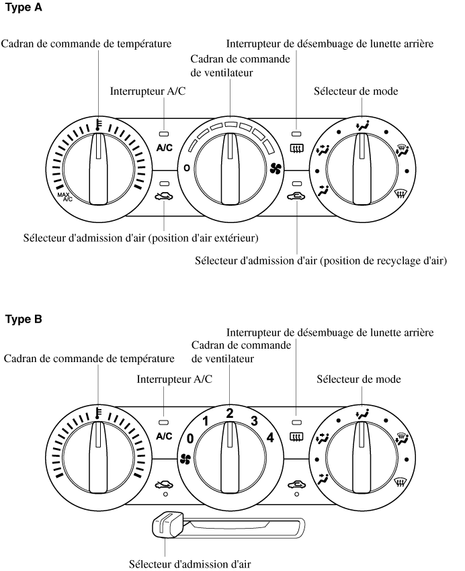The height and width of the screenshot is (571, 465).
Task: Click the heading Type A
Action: tap(25, 9)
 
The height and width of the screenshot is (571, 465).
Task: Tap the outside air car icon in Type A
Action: tap(165, 198)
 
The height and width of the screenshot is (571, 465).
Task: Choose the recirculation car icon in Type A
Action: tap(296, 197)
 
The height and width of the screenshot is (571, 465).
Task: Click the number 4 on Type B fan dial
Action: tap(270, 438)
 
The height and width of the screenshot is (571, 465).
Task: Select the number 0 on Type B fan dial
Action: tap(190, 439)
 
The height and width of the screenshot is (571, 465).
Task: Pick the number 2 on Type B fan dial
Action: tap(230, 413)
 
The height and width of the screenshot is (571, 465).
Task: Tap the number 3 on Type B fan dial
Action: tap(254, 421)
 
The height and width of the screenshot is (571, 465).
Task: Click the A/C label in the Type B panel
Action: tap(164, 436)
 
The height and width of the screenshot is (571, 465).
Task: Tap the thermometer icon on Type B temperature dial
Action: tap(99, 412)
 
